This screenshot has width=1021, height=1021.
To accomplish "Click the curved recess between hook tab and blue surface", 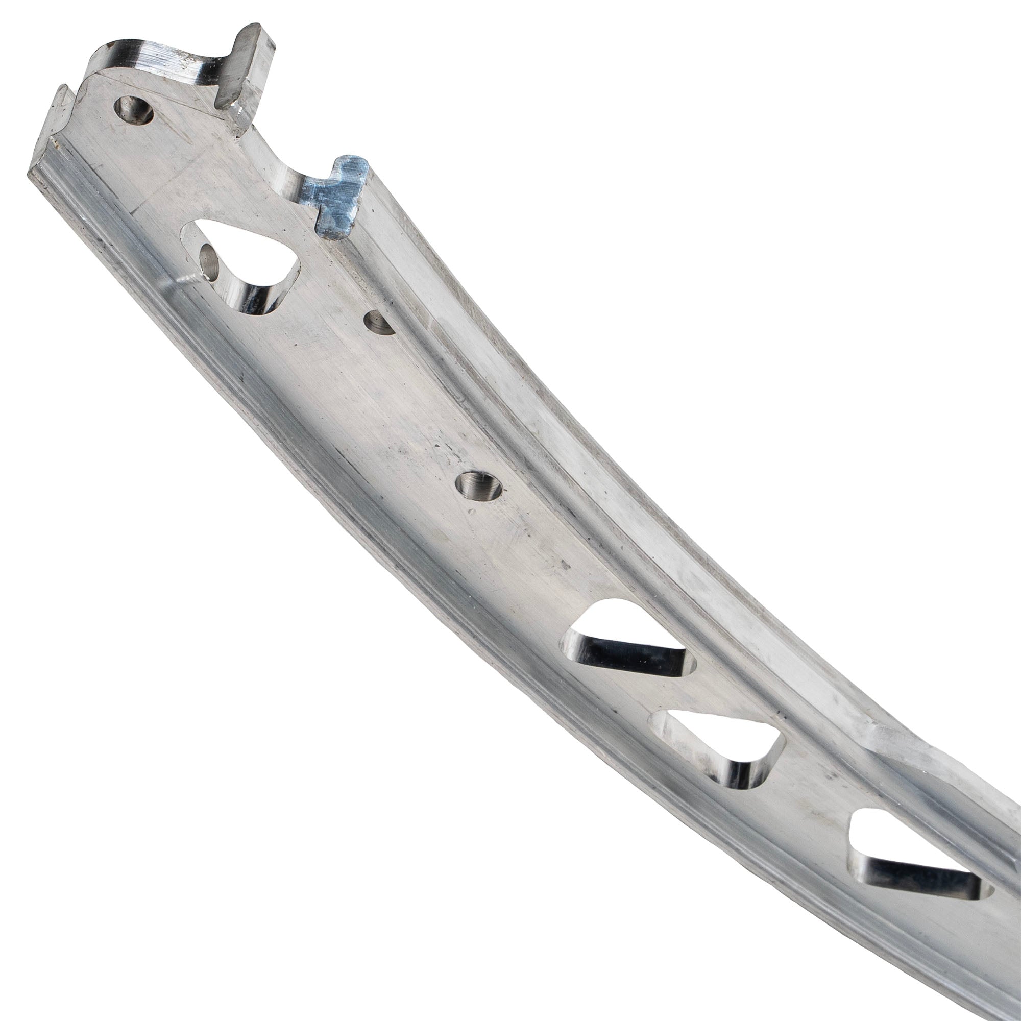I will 280,169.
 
